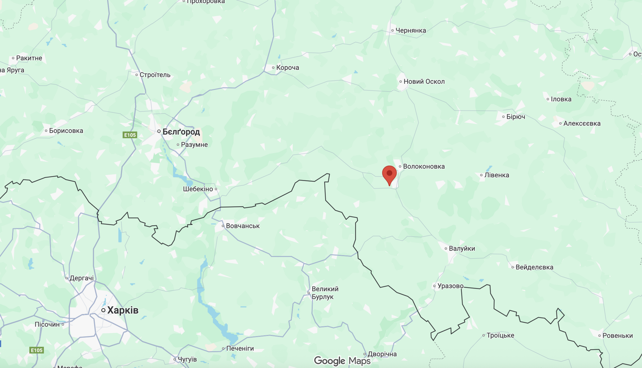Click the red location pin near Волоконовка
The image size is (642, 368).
pos(389,174)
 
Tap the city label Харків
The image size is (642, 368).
pos(123,310)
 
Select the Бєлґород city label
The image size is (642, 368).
pos(181,132)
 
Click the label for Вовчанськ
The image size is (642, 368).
pos(243,226)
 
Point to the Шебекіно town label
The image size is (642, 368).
pos(198,189)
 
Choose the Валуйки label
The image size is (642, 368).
pos(462,248)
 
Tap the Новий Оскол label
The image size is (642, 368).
pos(424,81)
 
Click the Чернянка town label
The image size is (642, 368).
pos(411,30)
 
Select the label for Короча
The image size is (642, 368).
pos(287,68)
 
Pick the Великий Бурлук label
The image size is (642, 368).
pos(325,293)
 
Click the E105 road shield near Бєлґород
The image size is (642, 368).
pos(130,135)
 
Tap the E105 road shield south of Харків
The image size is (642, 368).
pos(37,350)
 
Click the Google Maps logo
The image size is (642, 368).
pos(342,361)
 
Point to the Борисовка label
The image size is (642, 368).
pos(66,131)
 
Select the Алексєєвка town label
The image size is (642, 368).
pos(582,124)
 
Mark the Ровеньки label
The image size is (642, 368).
pos(617,336)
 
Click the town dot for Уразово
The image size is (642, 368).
pos(434,286)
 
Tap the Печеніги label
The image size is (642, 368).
pos(240,348)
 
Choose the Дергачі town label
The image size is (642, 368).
pos(82,278)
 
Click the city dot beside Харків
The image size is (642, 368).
pos(103,310)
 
